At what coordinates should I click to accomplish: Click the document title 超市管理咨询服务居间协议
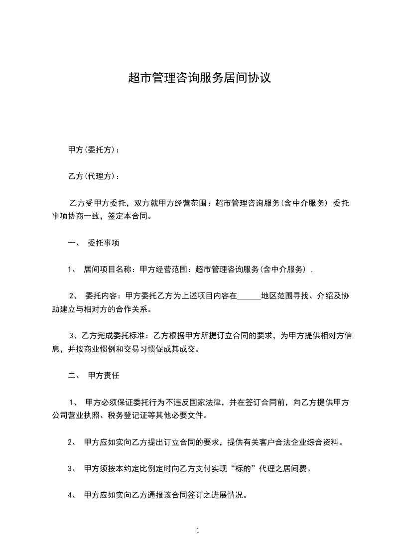click(x=199, y=78)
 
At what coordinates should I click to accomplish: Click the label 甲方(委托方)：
click(x=94, y=150)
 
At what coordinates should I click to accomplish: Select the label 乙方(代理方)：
click(x=94, y=176)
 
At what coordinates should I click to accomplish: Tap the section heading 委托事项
click(x=103, y=244)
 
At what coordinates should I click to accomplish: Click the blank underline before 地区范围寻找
click(x=249, y=297)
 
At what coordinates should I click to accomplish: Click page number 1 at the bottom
click(x=198, y=531)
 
